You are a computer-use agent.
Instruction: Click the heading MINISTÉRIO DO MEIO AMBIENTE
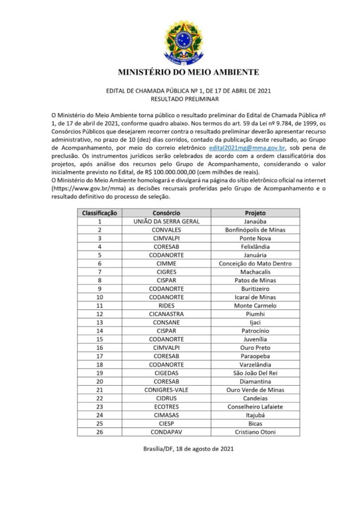tap(188, 72)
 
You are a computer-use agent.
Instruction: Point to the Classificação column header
tap(99, 212)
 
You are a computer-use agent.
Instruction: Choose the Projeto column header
tap(255, 212)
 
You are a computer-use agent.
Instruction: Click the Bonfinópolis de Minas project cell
tap(255, 230)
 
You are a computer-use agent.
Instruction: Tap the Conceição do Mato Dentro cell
tap(255, 263)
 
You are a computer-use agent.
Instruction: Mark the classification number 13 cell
tap(99, 323)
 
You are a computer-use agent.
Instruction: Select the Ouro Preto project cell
tap(255, 348)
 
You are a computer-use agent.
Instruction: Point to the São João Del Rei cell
tap(255, 373)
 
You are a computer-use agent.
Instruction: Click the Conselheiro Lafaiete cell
tap(255, 407)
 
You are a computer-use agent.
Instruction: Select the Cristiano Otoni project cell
tap(255, 432)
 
